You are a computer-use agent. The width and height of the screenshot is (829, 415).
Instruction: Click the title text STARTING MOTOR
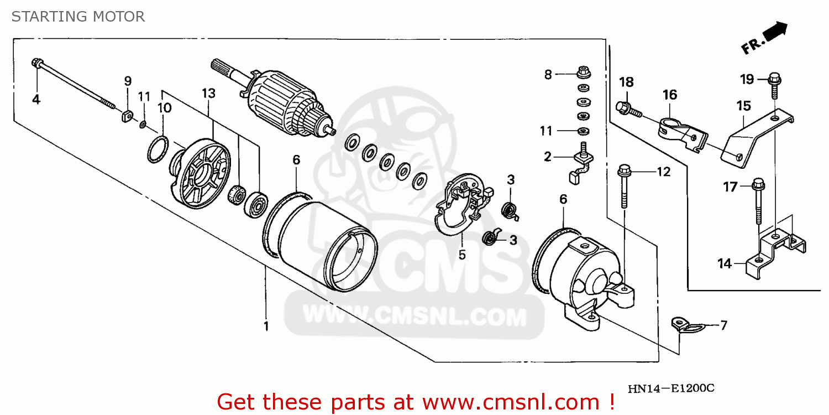point(78,17)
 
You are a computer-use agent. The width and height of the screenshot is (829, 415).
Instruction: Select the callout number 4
point(36,100)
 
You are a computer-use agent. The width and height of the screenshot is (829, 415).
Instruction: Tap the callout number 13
point(208,94)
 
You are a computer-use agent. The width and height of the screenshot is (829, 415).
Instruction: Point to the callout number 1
point(266,326)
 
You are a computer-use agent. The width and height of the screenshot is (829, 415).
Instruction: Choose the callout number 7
point(724,325)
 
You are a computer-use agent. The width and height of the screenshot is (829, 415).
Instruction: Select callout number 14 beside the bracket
point(724,264)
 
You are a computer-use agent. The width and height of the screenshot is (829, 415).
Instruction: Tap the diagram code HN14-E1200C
point(670,388)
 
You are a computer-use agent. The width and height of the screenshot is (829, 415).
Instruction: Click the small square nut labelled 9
point(127,117)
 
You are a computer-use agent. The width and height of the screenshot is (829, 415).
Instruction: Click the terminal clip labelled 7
point(684,325)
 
